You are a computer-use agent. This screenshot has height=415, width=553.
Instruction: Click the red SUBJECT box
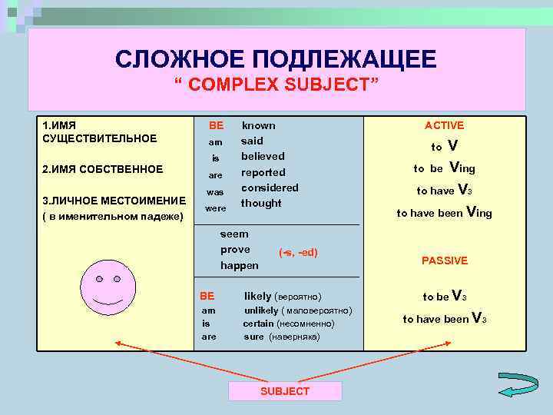[x=285, y=391]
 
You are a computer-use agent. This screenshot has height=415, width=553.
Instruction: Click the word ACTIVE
[x=445, y=125]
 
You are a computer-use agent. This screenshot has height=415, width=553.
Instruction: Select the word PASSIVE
[x=445, y=261]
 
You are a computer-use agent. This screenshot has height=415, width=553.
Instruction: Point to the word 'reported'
[x=263, y=172]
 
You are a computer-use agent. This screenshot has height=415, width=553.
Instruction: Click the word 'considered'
[x=270, y=188]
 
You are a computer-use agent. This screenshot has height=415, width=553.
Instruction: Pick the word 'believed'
[x=263, y=156]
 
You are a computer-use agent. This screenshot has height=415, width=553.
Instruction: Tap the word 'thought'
[x=261, y=203]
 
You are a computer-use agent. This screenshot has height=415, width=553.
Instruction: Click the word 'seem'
[x=234, y=234]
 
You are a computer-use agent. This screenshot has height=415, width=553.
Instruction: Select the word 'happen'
[x=239, y=265]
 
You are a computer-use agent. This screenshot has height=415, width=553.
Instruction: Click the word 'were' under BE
[x=216, y=208]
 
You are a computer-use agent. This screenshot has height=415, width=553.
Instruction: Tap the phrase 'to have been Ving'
[x=445, y=213]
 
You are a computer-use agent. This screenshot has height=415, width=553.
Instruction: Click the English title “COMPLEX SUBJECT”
[x=276, y=84]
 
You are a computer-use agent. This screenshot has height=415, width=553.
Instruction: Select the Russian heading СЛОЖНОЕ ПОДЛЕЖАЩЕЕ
[x=276, y=58]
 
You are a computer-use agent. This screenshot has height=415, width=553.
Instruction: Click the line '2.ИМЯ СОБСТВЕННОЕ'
[x=102, y=169]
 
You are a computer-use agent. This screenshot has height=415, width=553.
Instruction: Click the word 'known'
[x=259, y=125]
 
